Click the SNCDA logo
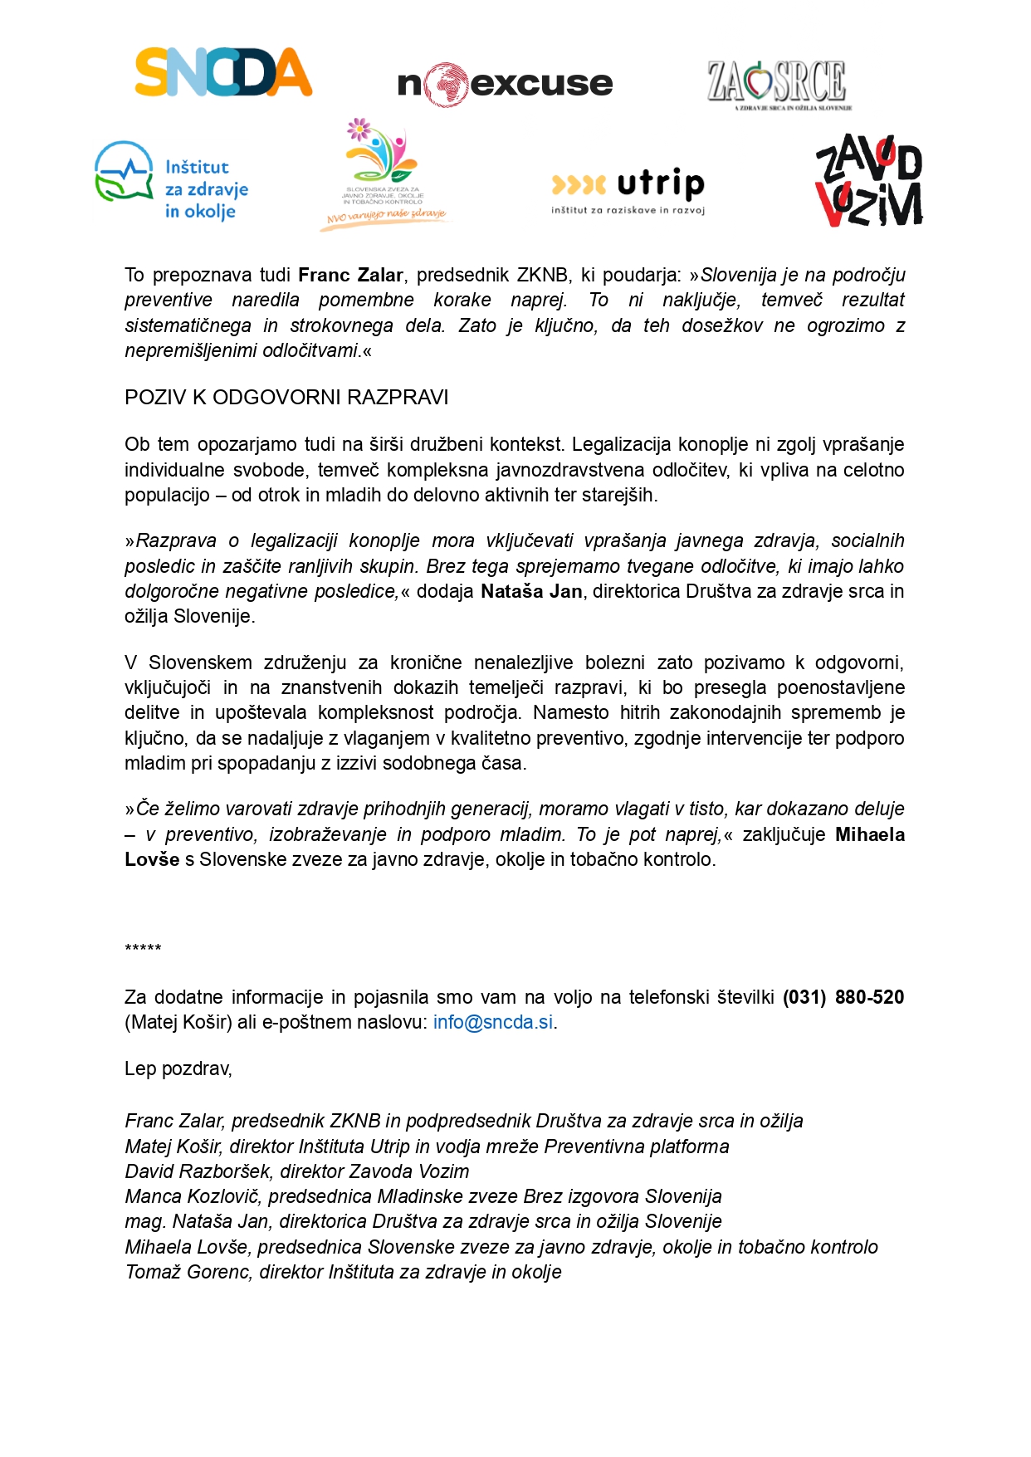(223, 72)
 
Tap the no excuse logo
(505, 84)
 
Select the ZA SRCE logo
(779, 83)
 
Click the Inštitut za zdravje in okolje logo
(172, 182)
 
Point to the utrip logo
(628, 190)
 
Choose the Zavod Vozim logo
(868, 181)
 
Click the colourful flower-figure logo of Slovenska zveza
(384, 174)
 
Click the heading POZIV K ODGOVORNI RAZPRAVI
(286, 398)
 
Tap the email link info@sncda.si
(493, 1022)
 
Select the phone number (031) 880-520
(843, 997)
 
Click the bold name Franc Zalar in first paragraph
(350, 275)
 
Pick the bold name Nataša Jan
(531, 591)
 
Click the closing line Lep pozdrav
(178, 1068)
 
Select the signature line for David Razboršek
(296, 1171)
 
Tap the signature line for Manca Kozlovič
(423, 1196)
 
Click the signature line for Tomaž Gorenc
(343, 1272)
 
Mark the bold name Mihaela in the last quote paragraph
(869, 834)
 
